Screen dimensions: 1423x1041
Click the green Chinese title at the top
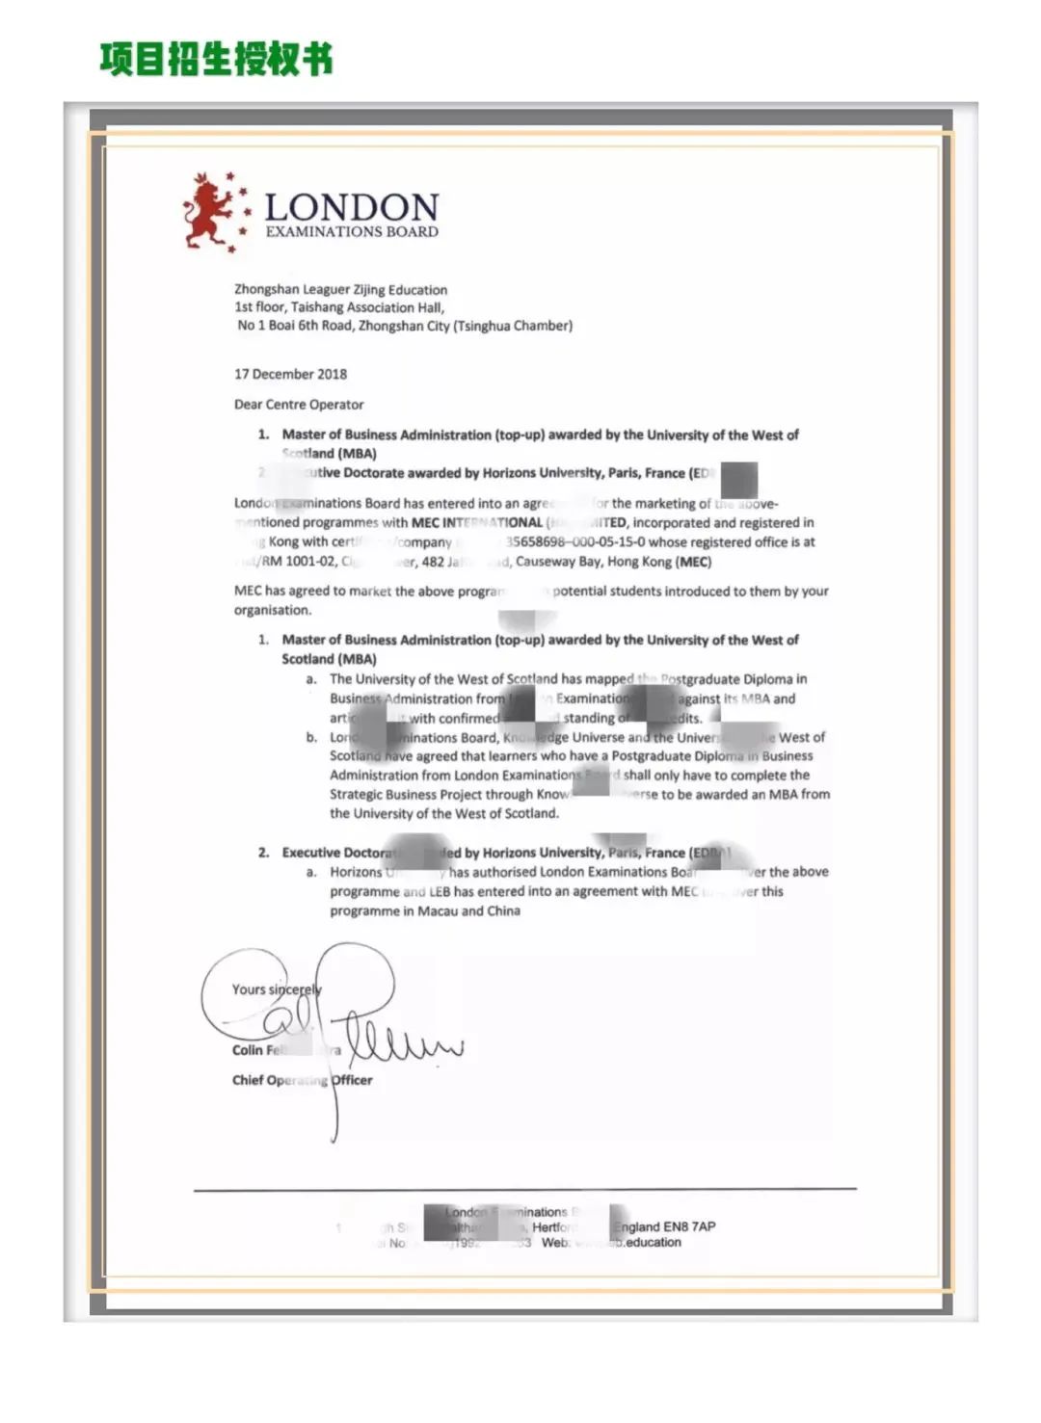[x=216, y=59]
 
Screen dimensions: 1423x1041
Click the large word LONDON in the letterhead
[x=351, y=206]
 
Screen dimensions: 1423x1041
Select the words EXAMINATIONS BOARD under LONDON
[x=352, y=232]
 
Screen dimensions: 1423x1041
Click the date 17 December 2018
[x=290, y=374]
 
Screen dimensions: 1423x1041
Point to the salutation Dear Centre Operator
[x=299, y=405]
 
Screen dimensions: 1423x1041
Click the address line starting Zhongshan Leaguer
[x=340, y=289]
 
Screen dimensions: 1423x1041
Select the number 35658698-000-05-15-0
[x=575, y=542]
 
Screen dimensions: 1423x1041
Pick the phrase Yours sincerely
[x=276, y=989]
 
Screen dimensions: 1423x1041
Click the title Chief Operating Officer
[x=302, y=1080]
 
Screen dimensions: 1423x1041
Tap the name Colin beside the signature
[x=247, y=1050]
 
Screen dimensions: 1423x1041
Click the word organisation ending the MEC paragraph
[x=272, y=610]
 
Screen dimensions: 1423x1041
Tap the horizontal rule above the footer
[x=524, y=1190]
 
